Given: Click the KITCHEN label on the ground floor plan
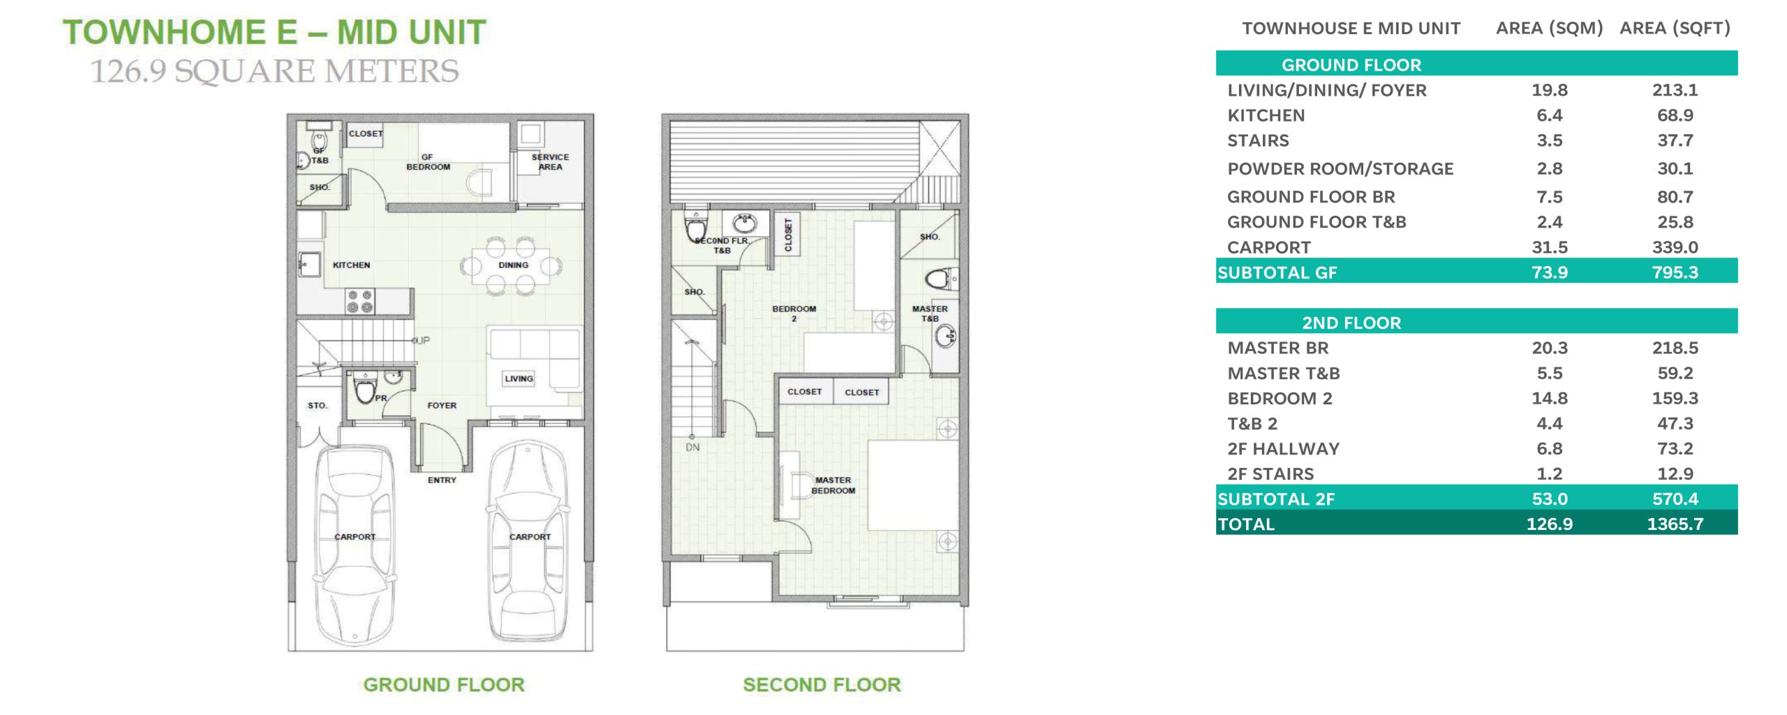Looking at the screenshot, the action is click(x=351, y=265).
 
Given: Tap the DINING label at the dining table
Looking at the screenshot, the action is click(x=513, y=265).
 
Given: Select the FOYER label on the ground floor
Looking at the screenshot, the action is click(x=442, y=405).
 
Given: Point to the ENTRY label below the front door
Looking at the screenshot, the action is click(x=442, y=480).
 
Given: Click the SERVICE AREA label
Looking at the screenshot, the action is click(x=550, y=162).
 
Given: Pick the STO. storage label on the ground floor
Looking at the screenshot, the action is click(x=318, y=405).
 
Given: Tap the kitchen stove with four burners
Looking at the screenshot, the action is click(x=359, y=302).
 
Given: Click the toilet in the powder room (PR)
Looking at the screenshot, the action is click(x=364, y=388).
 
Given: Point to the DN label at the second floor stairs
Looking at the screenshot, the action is click(x=692, y=448).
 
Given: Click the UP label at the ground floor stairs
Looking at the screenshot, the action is click(x=423, y=341).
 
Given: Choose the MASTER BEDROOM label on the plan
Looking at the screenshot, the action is click(x=833, y=485).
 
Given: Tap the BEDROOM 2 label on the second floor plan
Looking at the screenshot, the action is click(x=794, y=314).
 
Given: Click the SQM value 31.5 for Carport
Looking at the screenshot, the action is click(x=1550, y=247).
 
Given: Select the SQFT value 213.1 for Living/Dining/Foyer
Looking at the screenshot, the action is click(x=1675, y=90).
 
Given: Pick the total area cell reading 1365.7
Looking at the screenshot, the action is click(x=1675, y=524).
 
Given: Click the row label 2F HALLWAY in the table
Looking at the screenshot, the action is click(x=1283, y=449).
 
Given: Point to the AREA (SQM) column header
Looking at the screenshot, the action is click(x=1549, y=29).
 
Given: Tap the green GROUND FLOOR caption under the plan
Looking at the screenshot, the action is click(x=444, y=685).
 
